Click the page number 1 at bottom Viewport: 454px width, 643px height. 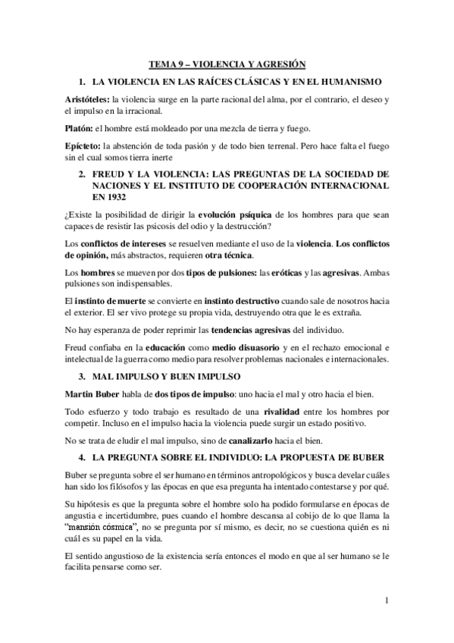pyautogui.click(x=386, y=603)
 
